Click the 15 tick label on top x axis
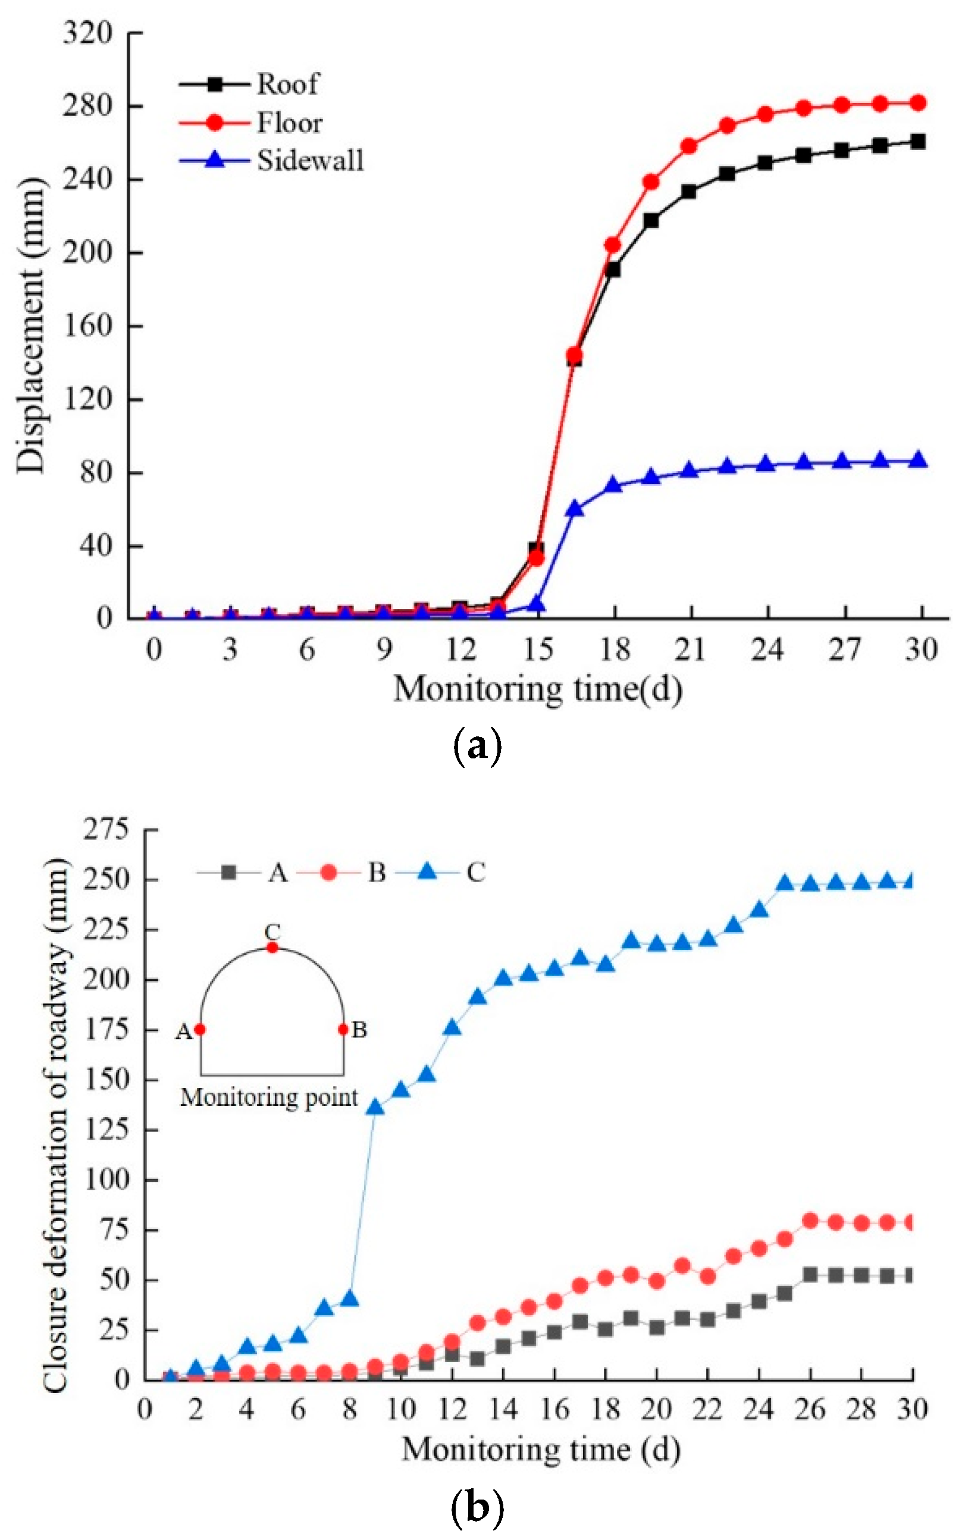pos(538,650)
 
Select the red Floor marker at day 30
pos(917,103)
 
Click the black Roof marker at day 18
pos(613,269)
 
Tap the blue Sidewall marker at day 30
pos(917,460)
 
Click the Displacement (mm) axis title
pos(32,325)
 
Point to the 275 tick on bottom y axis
pos(106,829)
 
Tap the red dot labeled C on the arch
pos(272,948)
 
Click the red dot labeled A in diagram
pos(200,1029)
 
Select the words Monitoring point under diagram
pos(269,1097)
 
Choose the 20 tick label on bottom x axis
pos(656,1410)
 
